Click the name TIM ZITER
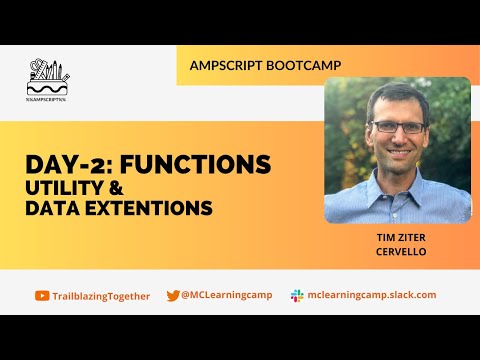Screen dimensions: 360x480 pos(398,239)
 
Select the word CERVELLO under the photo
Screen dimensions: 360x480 pos(398,252)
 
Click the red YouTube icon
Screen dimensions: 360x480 pos(41,296)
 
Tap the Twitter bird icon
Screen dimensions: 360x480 pos(173,296)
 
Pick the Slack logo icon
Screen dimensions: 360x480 pos(297,296)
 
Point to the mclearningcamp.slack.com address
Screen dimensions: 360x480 pos(372,296)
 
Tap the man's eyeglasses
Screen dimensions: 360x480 pos(397,127)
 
